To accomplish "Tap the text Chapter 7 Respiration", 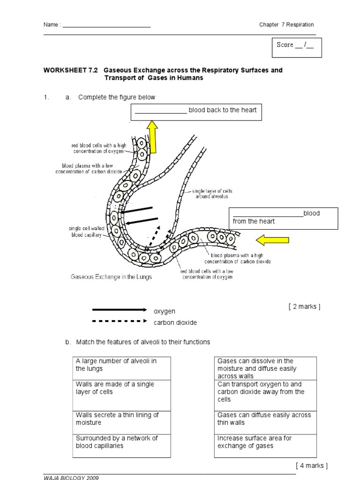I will pyautogui.click(x=286, y=25).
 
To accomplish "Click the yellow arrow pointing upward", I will pyautogui.click(x=152, y=136).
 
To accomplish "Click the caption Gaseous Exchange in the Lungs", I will pyautogui.click(x=112, y=277).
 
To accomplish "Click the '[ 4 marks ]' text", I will pyautogui.click(x=311, y=465).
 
